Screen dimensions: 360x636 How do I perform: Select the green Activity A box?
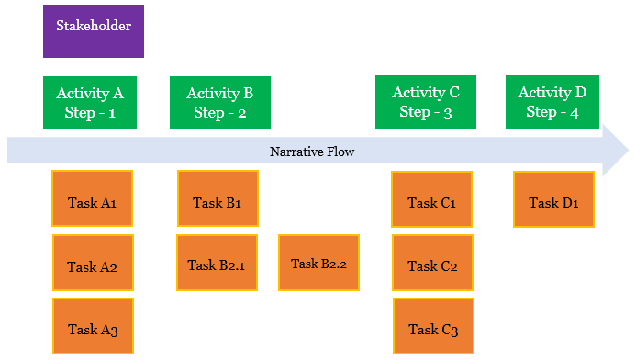pos(93,102)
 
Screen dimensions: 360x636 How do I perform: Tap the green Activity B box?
pos(219,102)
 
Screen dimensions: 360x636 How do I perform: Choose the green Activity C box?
pos(426,102)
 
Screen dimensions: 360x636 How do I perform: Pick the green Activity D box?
pos(552,102)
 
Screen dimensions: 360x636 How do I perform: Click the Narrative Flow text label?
pos(312,152)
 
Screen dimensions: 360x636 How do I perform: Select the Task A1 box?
pos(92,198)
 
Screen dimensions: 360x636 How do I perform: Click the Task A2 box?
pos(92,266)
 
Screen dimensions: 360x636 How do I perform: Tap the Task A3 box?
pos(92,326)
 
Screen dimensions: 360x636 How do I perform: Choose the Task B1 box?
pos(217,198)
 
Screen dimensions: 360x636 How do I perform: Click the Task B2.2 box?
pos(318,263)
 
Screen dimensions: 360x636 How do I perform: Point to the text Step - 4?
pos(552,112)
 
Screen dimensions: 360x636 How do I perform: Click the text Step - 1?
pos(92,112)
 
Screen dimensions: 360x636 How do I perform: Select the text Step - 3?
pos(426,112)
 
